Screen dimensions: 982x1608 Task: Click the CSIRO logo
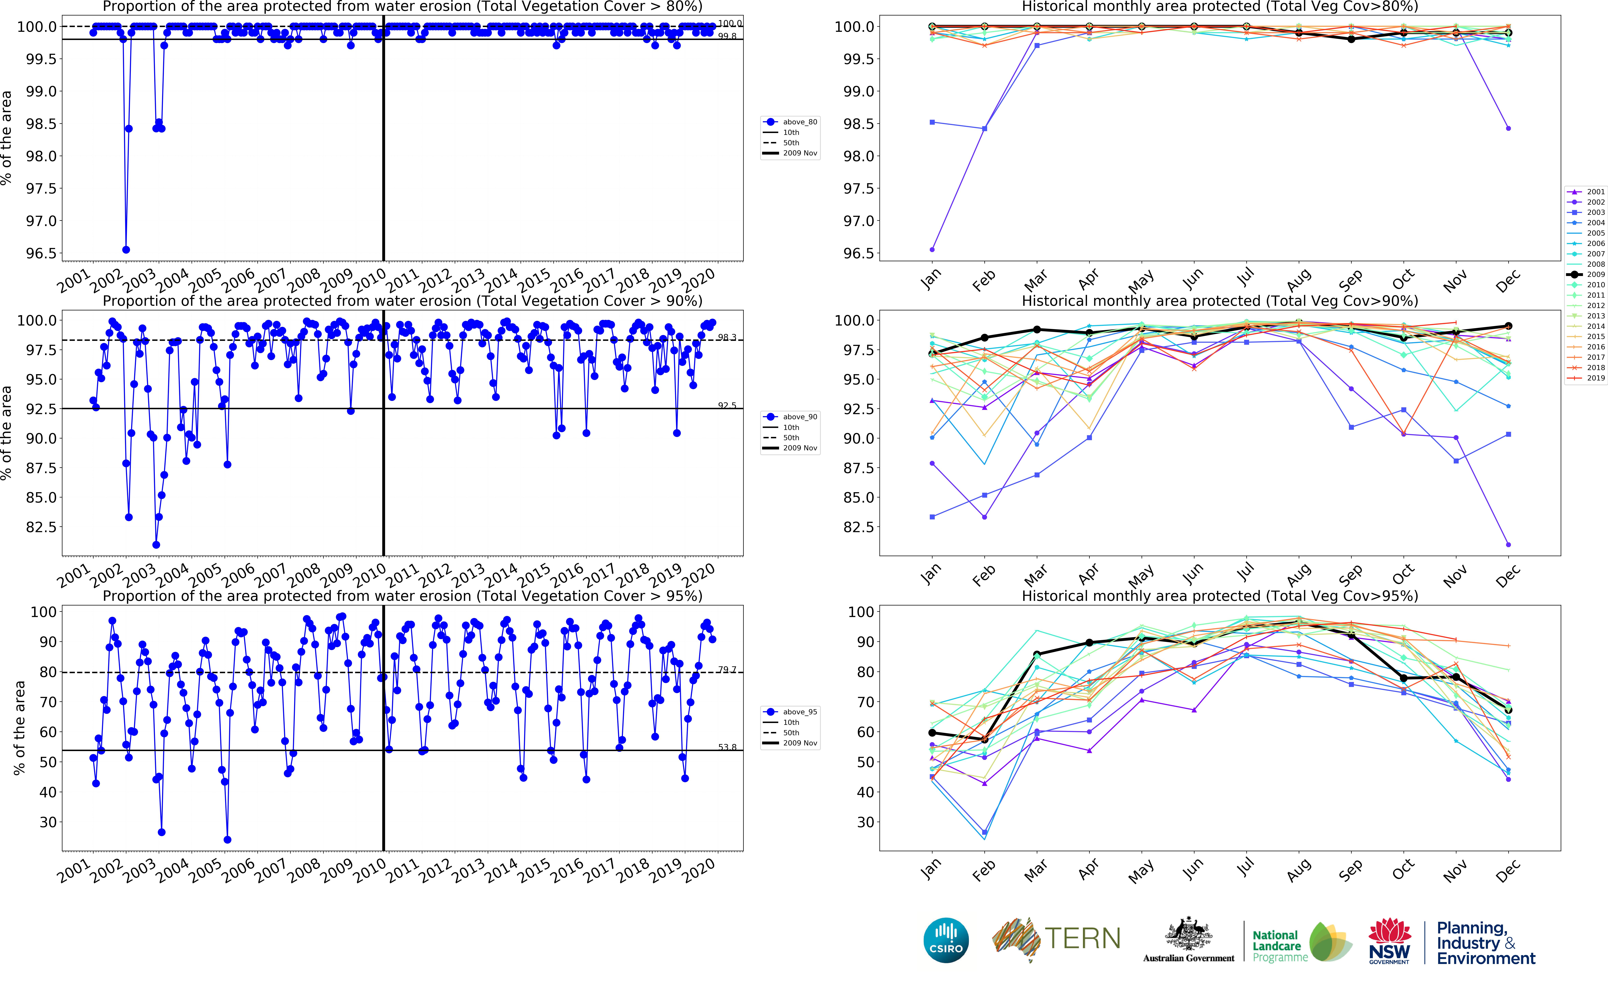coord(946,940)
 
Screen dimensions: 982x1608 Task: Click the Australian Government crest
coord(1188,934)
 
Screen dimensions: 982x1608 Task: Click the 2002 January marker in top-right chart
coord(932,249)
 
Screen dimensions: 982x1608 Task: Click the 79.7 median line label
coord(727,669)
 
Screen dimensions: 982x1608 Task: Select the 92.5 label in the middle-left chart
coord(727,405)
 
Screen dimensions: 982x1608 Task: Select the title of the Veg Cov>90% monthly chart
coord(1220,301)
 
